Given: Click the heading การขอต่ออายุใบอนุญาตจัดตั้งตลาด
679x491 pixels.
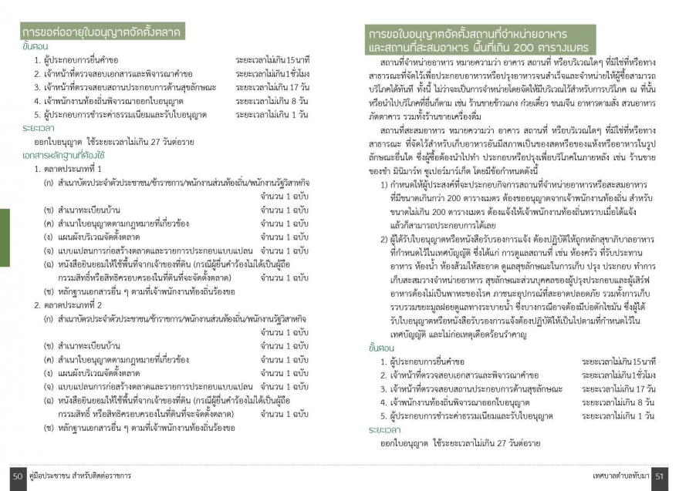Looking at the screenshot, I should click(x=101, y=33).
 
